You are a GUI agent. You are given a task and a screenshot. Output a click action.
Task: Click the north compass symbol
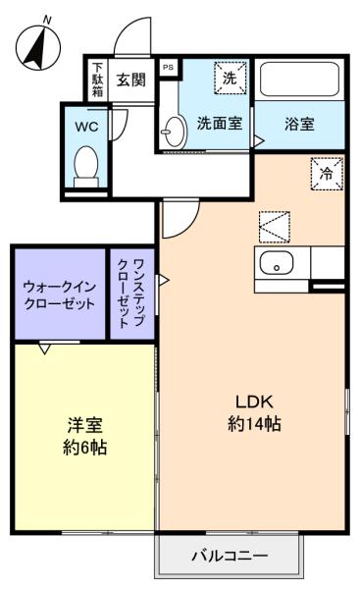(38, 46)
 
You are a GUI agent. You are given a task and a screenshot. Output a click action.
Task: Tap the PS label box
(168, 68)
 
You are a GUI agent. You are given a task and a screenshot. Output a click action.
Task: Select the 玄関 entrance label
(130, 80)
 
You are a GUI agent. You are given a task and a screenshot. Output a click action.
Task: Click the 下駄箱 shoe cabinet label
(97, 80)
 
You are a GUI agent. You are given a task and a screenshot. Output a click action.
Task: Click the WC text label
(86, 127)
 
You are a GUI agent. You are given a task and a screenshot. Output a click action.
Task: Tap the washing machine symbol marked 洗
(231, 78)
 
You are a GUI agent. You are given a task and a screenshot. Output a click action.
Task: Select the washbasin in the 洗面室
(175, 132)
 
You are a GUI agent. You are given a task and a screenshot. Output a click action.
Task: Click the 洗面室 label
(220, 124)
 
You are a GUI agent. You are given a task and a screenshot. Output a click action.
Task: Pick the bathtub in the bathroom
(299, 79)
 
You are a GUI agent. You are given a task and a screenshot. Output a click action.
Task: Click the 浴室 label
(299, 124)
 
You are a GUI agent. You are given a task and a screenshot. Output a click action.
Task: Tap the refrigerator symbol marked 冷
(327, 174)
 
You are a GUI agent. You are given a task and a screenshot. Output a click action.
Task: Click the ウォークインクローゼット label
(59, 294)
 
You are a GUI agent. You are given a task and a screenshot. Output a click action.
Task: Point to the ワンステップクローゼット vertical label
(131, 293)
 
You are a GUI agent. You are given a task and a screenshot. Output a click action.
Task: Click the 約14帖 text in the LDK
(254, 424)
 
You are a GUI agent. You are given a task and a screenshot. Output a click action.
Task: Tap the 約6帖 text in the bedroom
(84, 448)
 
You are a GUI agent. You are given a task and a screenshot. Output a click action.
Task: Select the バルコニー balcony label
(231, 555)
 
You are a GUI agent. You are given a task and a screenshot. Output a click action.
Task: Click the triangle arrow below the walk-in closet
(45, 348)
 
